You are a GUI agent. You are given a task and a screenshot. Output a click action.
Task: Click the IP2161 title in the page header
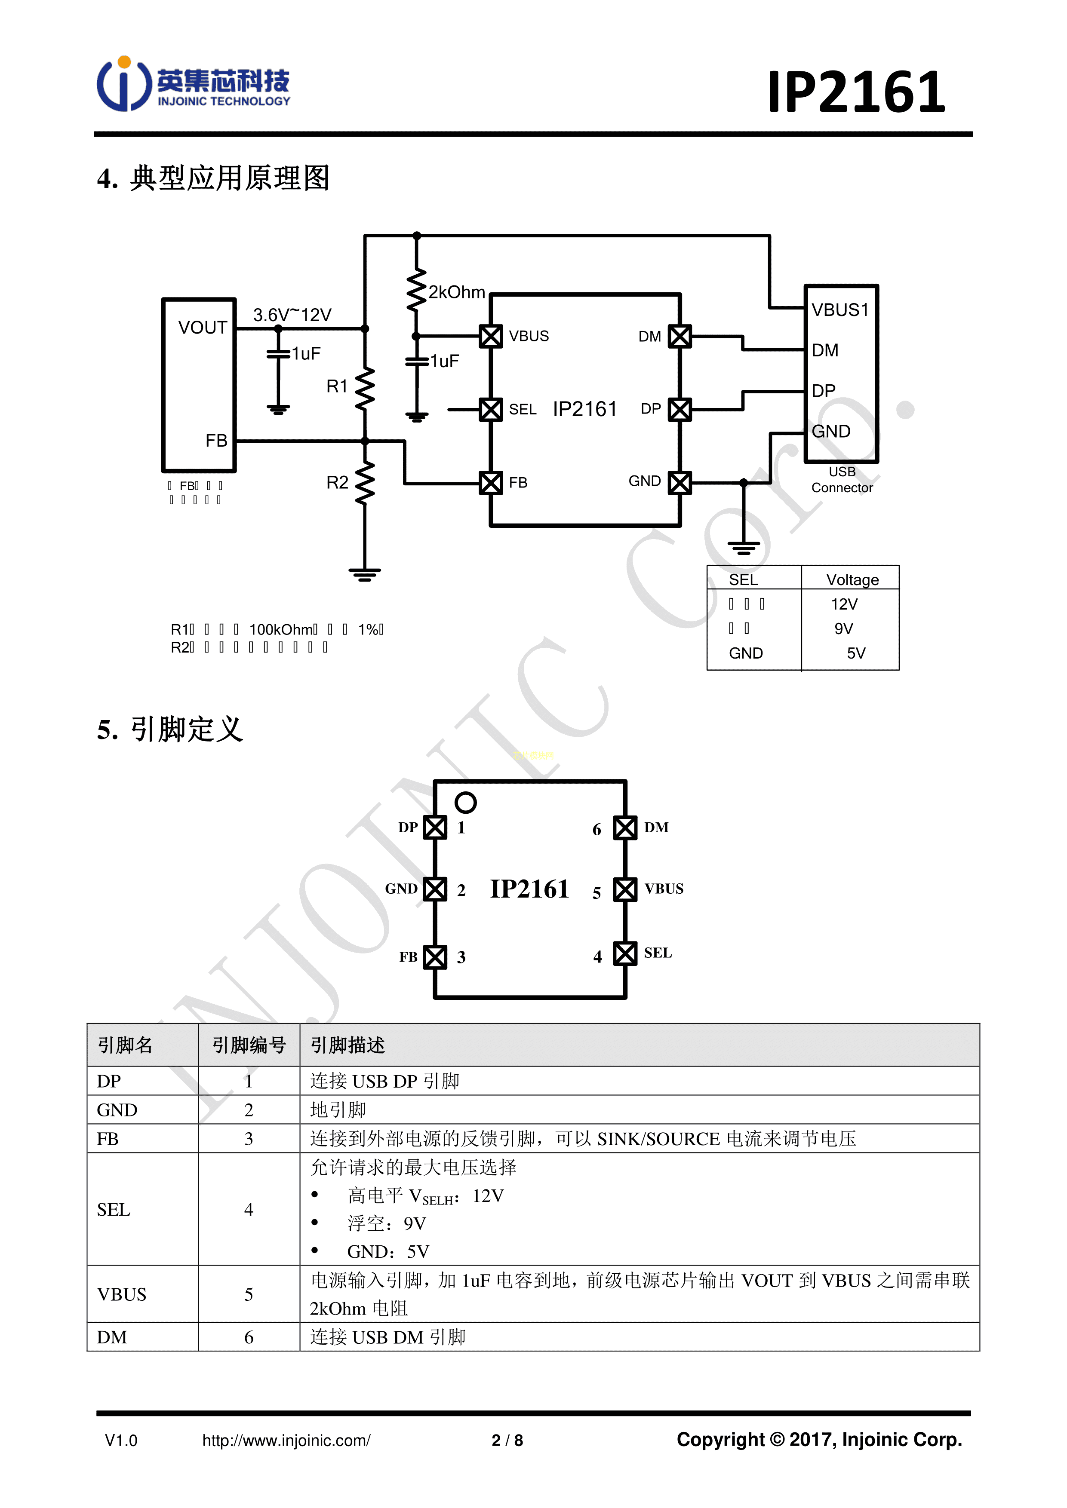click(x=856, y=92)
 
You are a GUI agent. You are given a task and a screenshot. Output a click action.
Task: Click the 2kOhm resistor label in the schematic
click(x=457, y=292)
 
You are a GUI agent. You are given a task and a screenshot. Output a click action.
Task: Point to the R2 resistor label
click(x=337, y=483)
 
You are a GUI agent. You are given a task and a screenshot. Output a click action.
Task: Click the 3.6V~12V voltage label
click(x=292, y=315)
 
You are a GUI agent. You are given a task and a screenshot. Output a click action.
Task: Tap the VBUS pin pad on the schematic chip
click(x=491, y=336)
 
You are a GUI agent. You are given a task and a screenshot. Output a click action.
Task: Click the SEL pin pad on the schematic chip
click(x=491, y=410)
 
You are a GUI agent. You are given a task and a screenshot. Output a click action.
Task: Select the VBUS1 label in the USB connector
click(x=839, y=310)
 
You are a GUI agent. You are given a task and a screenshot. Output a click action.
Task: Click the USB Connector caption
click(x=842, y=480)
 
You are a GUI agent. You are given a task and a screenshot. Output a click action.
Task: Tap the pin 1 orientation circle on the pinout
click(x=465, y=802)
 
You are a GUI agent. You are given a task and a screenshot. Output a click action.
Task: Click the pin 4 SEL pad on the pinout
click(x=625, y=953)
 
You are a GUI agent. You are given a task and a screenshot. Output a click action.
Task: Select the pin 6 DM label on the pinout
click(x=656, y=828)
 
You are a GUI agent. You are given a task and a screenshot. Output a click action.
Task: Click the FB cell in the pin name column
click(x=108, y=1139)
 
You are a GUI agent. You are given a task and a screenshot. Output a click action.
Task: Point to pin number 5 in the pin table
click(x=248, y=1294)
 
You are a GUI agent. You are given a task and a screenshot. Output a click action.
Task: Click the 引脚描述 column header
click(x=347, y=1045)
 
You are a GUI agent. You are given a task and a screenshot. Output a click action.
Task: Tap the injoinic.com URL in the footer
click(x=286, y=1441)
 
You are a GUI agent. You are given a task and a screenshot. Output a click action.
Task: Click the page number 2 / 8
click(x=507, y=1441)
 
